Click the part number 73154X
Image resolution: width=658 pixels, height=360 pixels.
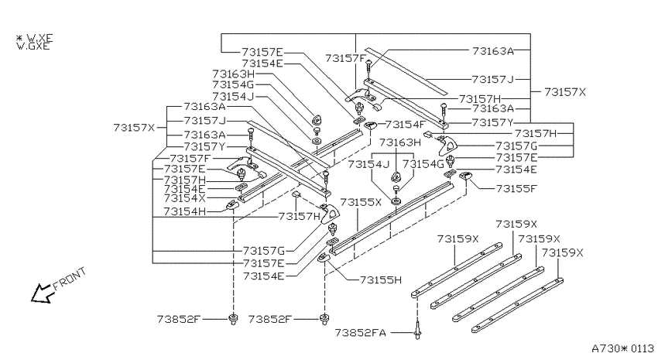(x=185, y=198)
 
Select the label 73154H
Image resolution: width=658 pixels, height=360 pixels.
(x=185, y=211)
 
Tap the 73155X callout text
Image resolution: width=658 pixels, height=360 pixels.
(x=361, y=202)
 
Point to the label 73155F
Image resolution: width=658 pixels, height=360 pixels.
(x=516, y=188)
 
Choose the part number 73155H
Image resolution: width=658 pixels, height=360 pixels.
(x=381, y=279)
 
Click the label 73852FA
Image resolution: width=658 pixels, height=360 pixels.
(x=361, y=333)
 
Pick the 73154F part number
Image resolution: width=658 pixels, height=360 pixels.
(x=406, y=124)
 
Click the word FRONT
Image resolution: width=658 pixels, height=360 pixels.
(x=70, y=279)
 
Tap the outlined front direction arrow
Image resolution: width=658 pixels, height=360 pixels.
(x=42, y=293)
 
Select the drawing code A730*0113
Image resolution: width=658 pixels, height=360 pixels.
(x=622, y=348)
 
